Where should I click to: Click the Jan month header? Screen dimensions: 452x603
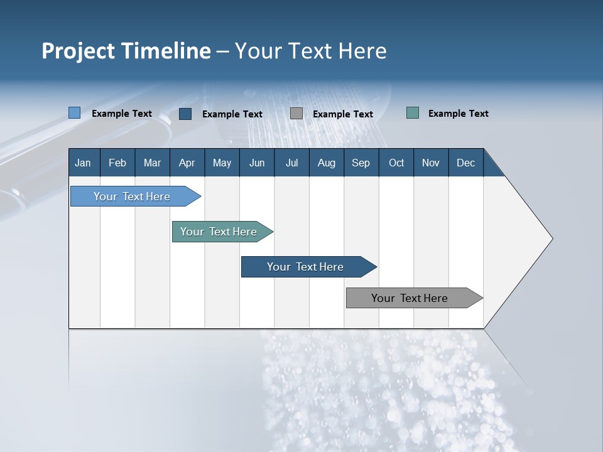[84, 163]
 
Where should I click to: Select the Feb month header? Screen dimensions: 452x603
[117, 163]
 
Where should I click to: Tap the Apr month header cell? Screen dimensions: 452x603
[187, 163]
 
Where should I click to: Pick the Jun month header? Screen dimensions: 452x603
[257, 163]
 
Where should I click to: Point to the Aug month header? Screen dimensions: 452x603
[327, 163]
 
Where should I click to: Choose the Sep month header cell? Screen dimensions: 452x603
[361, 163]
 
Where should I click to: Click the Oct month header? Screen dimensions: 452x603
[396, 163]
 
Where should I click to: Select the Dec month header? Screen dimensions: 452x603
[466, 163]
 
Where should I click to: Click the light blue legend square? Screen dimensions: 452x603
[75, 113]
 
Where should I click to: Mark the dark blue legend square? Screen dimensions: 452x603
[185, 114]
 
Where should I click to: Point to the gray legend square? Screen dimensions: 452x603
[296, 114]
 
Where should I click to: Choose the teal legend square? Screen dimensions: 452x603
[413, 113]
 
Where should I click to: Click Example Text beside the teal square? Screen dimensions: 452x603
[458, 114]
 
